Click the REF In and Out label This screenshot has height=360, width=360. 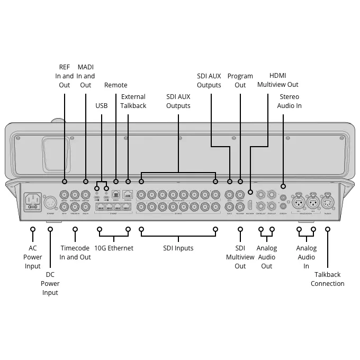click(x=64, y=76)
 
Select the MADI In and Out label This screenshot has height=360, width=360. click(x=86, y=76)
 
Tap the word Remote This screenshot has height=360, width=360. click(x=115, y=85)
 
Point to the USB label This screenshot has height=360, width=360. click(x=101, y=105)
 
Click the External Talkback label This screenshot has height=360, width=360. click(x=133, y=101)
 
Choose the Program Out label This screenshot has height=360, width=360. click(x=240, y=80)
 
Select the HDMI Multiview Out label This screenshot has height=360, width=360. click(x=277, y=80)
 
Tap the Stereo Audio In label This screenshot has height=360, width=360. click(x=289, y=101)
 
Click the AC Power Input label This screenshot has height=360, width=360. click(x=33, y=257)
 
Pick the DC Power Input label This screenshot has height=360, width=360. click(x=50, y=283)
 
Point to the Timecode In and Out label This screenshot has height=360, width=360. click(x=75, y=253)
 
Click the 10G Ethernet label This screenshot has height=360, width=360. click(x=114, y=248)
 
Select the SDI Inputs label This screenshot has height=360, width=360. click(x=178, y=248)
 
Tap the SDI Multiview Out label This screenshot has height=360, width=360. click(x=240, y=257)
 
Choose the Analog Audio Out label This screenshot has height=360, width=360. click(x=266, y=257)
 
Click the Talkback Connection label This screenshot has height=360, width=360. click(x=327, y=279)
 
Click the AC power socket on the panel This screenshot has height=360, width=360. click(x=33, y=200)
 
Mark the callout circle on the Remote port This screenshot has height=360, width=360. click(x=115, y=188)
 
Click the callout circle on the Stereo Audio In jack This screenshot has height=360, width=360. click(x=283, y=186)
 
